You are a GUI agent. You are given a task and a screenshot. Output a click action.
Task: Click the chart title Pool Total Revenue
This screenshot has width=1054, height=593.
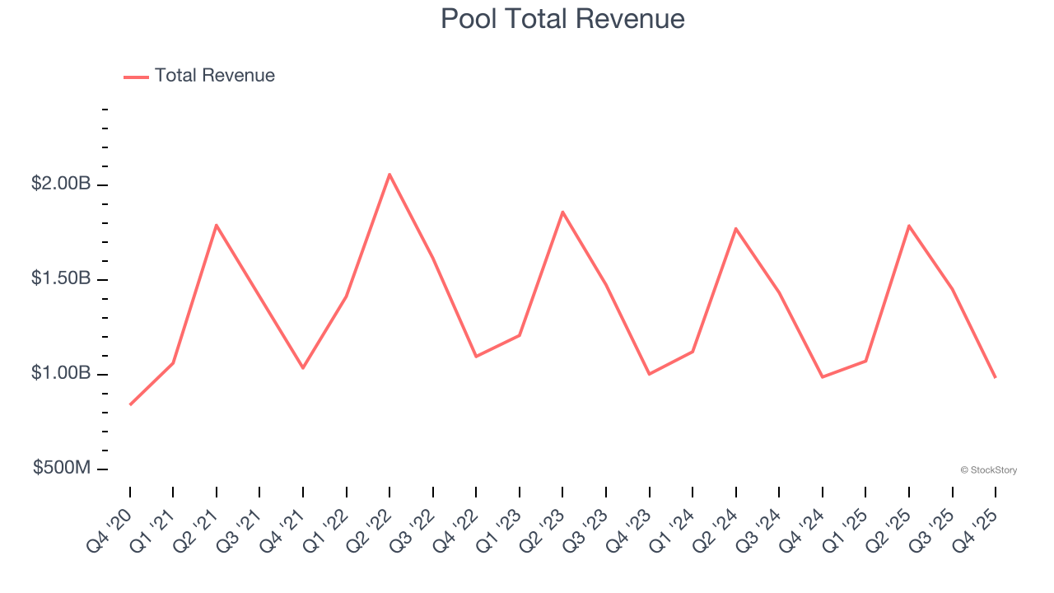tap(562, 18)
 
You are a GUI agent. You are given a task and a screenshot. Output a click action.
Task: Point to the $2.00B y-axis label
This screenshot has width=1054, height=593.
tap(61, 184)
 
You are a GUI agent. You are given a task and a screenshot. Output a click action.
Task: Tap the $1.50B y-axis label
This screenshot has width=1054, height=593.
tap(61, 278)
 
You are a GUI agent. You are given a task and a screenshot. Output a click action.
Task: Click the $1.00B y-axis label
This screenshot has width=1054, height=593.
tap(61, 373)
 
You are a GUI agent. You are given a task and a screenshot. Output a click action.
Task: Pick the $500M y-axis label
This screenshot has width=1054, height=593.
tap(62, 468)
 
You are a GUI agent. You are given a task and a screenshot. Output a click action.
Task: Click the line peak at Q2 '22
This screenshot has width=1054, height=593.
tap(389, 174)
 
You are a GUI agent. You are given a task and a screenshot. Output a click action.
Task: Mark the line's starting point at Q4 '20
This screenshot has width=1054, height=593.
tap(130, 404)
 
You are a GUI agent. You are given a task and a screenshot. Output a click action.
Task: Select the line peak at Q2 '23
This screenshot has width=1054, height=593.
tap(562, 212)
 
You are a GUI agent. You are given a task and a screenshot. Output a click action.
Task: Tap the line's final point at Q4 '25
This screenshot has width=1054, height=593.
tap(995, 377)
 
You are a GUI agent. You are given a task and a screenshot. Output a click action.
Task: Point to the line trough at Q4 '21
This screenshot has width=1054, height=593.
tap(303, 367)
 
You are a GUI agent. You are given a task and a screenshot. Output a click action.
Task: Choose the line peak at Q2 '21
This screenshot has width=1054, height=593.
tap(217, 225)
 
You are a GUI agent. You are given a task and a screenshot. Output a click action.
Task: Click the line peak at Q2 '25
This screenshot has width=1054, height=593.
tap(908, 225)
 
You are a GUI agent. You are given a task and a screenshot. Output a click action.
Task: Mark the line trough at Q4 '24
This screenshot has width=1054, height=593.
tap(822, 376)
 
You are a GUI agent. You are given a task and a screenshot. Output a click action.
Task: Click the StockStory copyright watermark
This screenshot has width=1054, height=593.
tap(988, 470)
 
